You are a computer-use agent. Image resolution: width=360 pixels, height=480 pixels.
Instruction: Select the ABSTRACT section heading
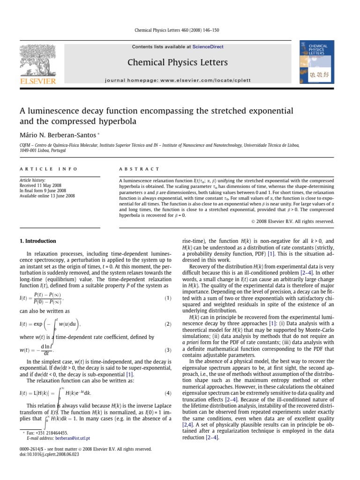click(x=140, y=169)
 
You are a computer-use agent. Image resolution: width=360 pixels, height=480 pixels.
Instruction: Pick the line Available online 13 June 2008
click(x=49, y=195)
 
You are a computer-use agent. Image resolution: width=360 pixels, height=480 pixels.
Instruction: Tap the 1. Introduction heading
click(x=37, y=241)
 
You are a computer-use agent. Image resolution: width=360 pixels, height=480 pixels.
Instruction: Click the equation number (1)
click(x=168, y=298)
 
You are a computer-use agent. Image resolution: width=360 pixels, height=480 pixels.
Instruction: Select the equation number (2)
click(x=168, y=324)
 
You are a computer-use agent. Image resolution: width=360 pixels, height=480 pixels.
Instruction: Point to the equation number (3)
click(x=168, y=350)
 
